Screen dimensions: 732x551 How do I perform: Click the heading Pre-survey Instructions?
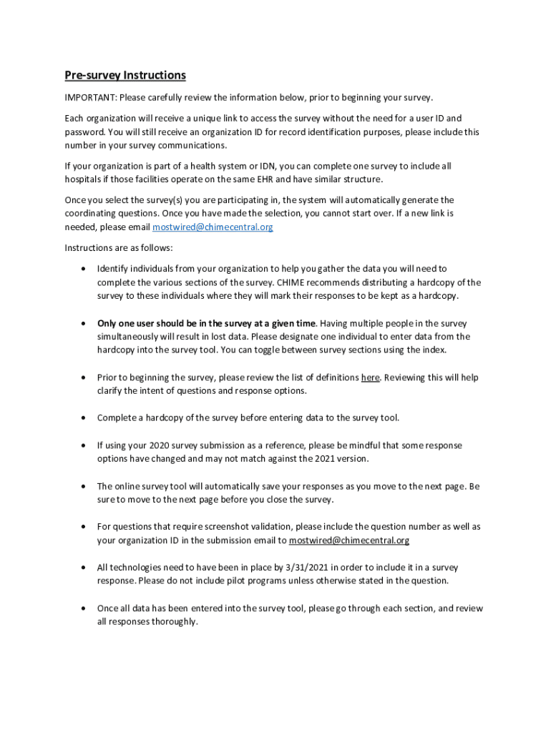(125, 75)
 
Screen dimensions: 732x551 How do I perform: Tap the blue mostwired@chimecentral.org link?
(213, 227)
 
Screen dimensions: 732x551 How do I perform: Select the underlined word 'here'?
(370, 377)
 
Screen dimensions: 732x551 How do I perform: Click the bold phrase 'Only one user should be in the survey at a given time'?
(206, 323)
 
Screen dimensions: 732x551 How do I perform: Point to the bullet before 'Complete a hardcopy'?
(84, 418)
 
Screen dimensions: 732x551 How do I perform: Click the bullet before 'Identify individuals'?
(84, 269)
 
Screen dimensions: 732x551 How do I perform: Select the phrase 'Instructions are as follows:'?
(119, 248)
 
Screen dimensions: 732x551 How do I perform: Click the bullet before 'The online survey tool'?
(84, 486)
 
